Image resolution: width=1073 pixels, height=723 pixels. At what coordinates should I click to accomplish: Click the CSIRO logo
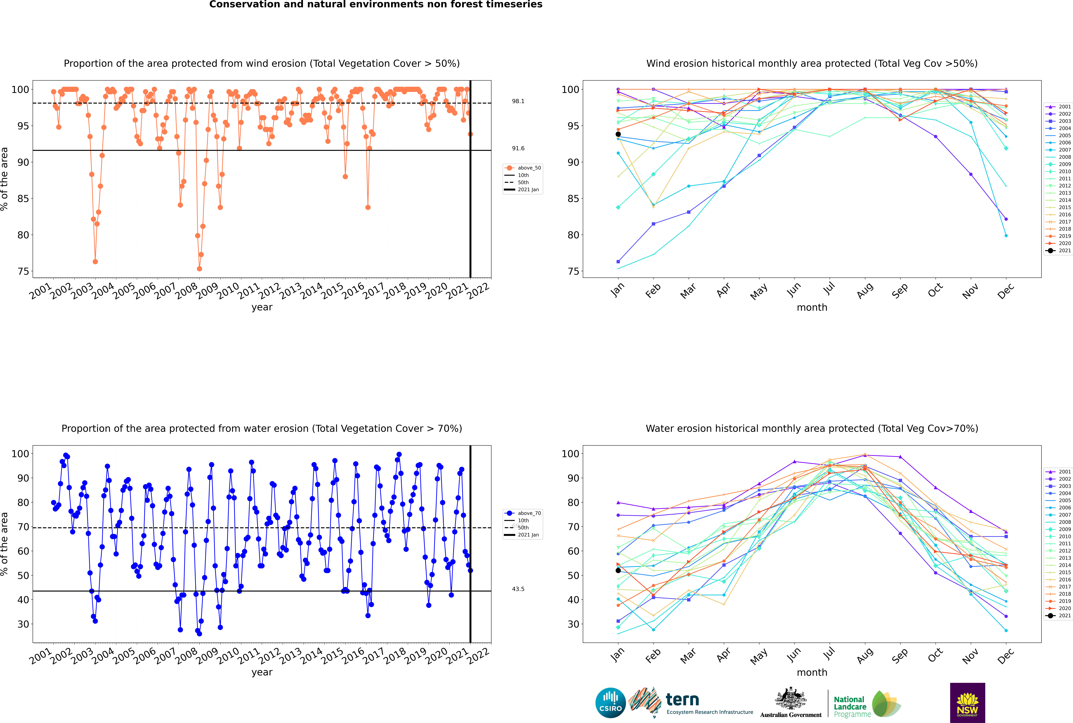point(610,703)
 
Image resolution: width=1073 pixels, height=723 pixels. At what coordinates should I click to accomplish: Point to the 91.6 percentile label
point(518,148)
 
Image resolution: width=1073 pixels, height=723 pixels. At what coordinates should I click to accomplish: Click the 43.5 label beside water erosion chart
point(518,589)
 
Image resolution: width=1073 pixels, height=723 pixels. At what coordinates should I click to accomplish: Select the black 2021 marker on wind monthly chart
point(618,134)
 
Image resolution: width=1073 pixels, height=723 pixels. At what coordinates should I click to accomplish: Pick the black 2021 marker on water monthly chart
point(618,570)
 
